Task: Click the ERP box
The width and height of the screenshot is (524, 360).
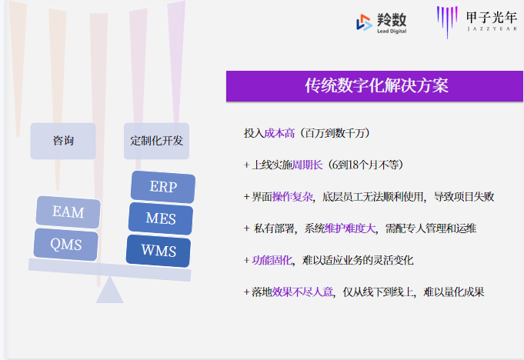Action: [162, 188]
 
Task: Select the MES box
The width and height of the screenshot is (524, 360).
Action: [160, 219]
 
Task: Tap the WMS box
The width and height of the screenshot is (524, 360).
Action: [159, 251]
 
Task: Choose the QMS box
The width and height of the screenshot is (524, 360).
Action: [66, 244]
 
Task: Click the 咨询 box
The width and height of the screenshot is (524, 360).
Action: [63, 141]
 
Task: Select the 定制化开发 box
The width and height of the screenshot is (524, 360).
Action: [157, 141]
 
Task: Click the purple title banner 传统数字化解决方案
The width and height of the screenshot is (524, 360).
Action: [376, 86]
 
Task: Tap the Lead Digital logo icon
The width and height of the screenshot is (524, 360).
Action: [364, 23]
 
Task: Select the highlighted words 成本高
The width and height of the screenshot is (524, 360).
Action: [280, 133]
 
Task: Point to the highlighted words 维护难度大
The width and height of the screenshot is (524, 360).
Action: [349, 228]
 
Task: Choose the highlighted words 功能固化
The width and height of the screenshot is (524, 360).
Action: [272, 260]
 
